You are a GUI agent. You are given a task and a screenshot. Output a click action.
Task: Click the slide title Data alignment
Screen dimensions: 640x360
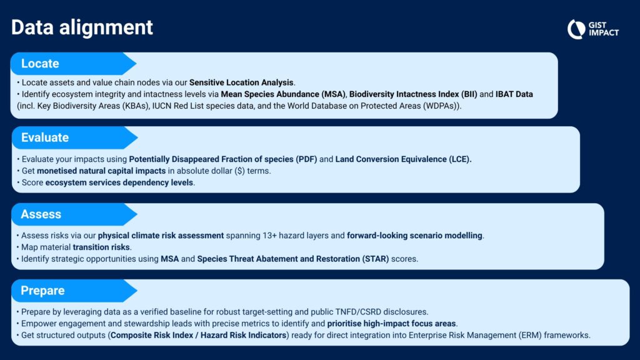tap(82, 27)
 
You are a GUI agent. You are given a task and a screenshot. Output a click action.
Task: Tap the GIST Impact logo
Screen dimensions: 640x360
tap(593, 29)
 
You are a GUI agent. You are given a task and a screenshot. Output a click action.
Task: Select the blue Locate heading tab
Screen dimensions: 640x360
tap(74, 64)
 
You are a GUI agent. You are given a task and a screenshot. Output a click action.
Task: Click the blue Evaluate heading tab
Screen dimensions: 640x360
tap(75, 137)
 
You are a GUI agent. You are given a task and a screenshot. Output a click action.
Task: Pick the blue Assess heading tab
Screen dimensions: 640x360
tap(74, 214)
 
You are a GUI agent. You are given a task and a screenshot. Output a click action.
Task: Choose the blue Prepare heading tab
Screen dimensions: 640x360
tap(74, 291)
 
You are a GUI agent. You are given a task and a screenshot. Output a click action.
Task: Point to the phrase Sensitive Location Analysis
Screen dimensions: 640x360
tap(241, 82)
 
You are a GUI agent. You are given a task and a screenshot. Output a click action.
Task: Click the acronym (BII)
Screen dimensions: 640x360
tap(469, 94)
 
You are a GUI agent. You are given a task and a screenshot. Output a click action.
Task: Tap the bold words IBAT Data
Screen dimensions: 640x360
tap(514, 94)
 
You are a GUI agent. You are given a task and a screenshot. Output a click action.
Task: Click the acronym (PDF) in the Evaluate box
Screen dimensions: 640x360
tap(306, 159)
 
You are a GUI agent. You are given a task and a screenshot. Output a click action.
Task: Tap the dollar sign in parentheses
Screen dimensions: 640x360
tap(239, 171)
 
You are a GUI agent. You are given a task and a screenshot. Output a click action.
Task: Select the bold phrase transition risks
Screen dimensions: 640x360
tap(101, 247)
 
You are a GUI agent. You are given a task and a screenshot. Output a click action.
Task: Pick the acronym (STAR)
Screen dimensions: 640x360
tap(376, 259)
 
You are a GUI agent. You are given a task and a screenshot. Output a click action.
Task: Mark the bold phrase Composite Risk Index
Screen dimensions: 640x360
tap(152, 336)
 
